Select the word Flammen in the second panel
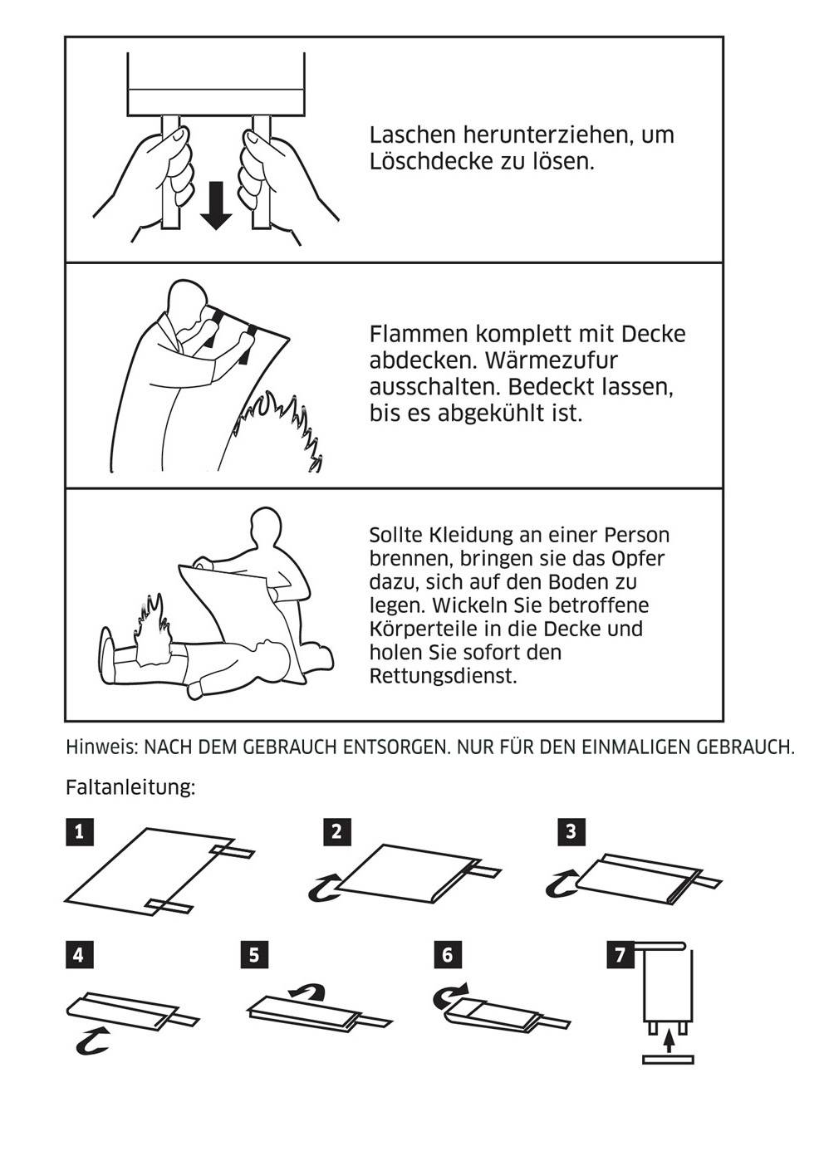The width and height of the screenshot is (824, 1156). point(419,334)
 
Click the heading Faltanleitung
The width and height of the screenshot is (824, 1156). point(130,787)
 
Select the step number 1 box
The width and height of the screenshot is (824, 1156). point(79,831)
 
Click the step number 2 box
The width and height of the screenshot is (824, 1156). point(336,831)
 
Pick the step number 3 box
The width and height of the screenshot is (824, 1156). point(571,831)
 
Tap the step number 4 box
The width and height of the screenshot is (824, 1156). point(79,954)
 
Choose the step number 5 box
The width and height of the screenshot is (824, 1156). point(253,954)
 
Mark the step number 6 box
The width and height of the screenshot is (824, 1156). point(447,954)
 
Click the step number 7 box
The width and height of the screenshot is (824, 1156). point(620,954)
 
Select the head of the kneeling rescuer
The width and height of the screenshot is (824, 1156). point(267,529)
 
